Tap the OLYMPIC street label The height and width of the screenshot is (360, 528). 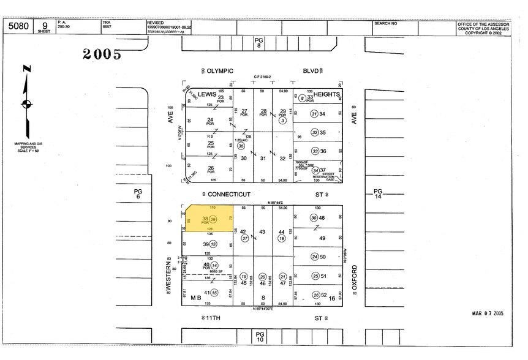[220, 71]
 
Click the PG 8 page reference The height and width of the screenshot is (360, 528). [258, 42]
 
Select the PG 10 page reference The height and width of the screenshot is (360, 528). [260, 335]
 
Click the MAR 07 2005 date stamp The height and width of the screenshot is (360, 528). [487, 313]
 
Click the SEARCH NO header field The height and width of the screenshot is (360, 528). [385, 23]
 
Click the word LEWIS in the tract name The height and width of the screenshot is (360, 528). [206, 94]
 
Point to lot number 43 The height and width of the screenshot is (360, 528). [262, 231]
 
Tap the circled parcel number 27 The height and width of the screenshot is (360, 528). [245, 238]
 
